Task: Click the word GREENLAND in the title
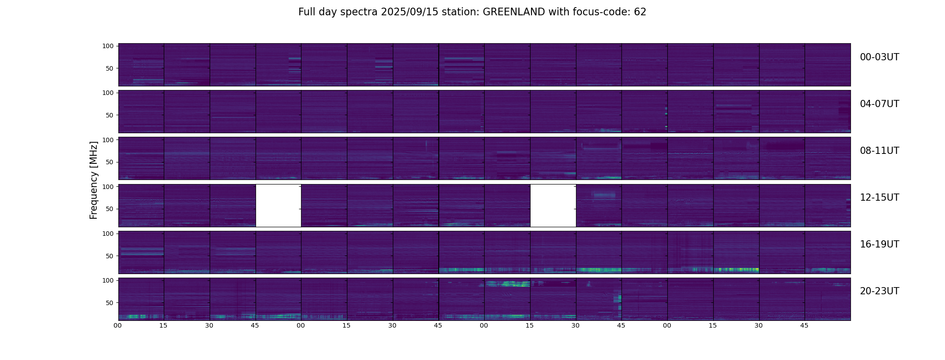click(513, 12)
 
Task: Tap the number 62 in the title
click(640, 12)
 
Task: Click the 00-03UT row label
click(879, 57)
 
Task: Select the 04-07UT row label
click(879, 104)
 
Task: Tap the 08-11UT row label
click(879, 151)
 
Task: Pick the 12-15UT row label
click(879, 198)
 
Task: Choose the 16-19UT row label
click(879, 244)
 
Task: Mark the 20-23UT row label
click(879, 291)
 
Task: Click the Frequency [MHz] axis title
click(94, 180)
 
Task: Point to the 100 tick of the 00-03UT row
click(108, 46)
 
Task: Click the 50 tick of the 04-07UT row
click(110, 115)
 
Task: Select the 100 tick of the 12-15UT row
click(108, 186)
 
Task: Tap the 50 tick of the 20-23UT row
click(110, 303)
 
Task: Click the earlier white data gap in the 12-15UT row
click(278, 205)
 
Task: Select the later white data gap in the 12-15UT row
click(553, 205)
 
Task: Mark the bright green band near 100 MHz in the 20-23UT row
click(508, 284)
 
